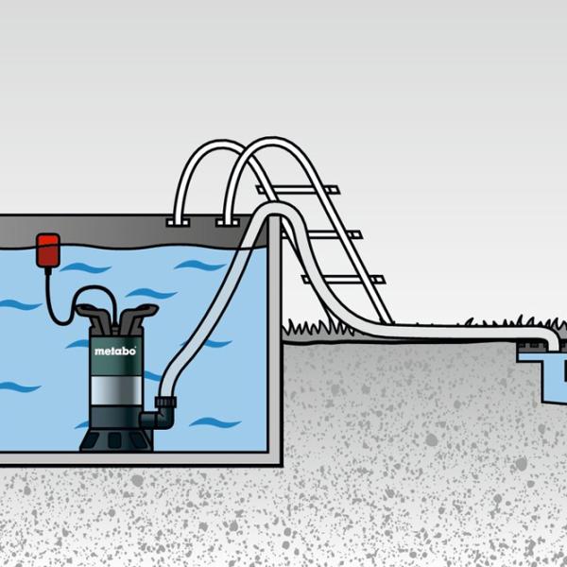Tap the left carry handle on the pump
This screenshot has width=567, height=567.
pos(92,311)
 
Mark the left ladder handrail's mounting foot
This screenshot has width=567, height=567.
pos(177,223)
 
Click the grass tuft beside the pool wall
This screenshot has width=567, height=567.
pos(302,328)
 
